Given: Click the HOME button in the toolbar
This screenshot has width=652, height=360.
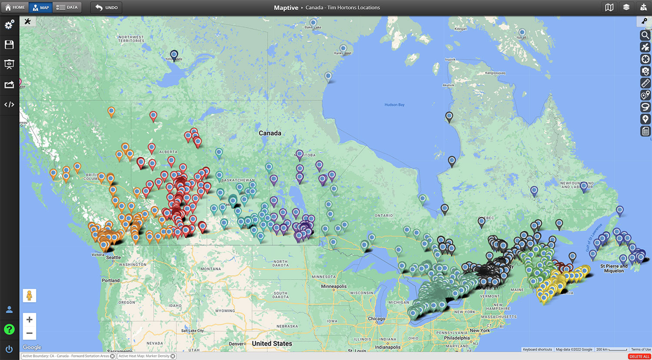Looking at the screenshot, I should click(x=14, y=7).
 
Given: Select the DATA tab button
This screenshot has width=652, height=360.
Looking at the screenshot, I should click(x=67, y=7).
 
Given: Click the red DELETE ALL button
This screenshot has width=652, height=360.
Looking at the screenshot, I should click(x=639, y=357).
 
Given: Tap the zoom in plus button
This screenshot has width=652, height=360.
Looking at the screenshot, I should click(x=29, y=320).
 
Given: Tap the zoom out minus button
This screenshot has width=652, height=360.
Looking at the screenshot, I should click(x=29, y=333).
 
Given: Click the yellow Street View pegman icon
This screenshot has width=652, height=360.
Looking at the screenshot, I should click(x=29, y=296).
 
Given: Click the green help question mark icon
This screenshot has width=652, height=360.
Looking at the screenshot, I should click(x=9, y=330).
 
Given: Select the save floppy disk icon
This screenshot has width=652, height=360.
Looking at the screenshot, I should click(x=9, y=44).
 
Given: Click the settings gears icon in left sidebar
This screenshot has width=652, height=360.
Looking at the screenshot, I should click(x=9, y=25).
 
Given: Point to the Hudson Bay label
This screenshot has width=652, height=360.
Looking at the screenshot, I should click(x=394, y=105).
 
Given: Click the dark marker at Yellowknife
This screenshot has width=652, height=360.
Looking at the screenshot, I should click(x=174, y=55).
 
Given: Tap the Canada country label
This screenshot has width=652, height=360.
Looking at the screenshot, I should click(x=270, y=133).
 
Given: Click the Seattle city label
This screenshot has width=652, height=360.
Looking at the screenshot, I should click(x=113, y=257).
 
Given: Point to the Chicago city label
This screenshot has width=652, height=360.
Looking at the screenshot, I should click(x=376, y=319).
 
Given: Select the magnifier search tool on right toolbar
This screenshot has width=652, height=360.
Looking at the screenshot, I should click(x=645, y=35).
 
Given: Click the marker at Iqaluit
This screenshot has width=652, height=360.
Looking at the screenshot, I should click(x=522, y=33).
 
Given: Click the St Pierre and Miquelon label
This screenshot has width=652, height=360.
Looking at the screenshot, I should click(x=614, y=268).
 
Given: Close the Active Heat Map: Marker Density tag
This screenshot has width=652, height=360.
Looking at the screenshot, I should click(x=173, y=356).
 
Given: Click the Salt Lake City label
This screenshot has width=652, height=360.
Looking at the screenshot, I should click(x=192, y=331).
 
